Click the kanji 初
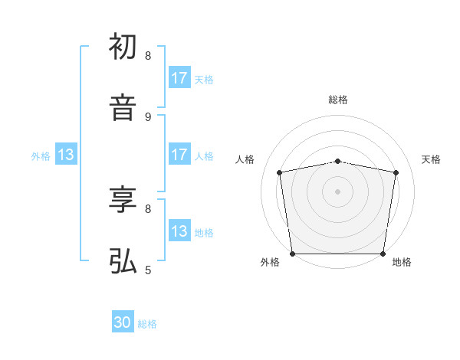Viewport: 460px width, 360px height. click(123, 47)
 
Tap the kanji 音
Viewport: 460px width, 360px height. click(123, 108)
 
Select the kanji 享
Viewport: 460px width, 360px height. click(123, 200)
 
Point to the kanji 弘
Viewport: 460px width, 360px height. click(123, 261)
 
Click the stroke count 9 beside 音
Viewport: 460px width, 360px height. click(148, 116)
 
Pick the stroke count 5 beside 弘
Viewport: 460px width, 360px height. click(148, 270)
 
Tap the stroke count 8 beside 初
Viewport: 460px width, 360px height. click(148, 56)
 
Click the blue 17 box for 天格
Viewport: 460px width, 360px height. click(179, 78)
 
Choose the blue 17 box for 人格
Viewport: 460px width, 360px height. click(179, 155)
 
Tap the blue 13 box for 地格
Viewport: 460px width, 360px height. click(179, 231)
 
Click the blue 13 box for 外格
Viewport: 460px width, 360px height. click(66, 155)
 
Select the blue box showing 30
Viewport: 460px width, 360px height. click(123, 323)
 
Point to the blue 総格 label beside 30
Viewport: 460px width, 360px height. click(147, 324)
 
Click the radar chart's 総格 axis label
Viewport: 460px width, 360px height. click(338, 100)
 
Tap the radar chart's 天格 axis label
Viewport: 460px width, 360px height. click(432, 159)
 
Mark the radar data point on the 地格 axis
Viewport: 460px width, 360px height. click(383, 254)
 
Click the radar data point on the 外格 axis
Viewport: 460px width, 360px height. click(292, 254)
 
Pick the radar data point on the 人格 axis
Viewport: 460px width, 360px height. click(280, 172)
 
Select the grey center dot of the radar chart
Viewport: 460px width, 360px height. click(338, 191)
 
